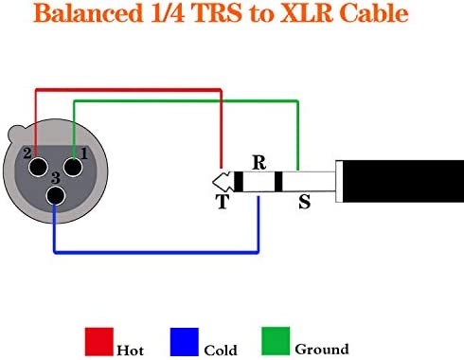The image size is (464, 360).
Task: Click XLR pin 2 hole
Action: tap(38, 167)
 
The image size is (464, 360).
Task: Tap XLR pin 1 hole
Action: tap(73, 167)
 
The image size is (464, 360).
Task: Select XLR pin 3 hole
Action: tap(56, 196)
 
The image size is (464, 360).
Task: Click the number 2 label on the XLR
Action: tap(27, 153)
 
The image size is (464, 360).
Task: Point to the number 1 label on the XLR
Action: tap(84, 153)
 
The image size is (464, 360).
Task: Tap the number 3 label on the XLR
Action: tap(56, 178)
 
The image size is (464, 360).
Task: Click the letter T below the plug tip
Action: tap(223, 202)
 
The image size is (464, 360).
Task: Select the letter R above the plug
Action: tap(259, 163)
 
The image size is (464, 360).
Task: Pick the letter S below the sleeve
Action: tap(304, 202)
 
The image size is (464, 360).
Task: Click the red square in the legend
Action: tap(99, 342)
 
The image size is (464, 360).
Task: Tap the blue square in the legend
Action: tap(185, 342)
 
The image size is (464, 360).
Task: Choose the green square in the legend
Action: tap(276, 341)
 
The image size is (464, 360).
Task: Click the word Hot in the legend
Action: tap(130, 351)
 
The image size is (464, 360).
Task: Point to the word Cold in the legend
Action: tap(221, 351)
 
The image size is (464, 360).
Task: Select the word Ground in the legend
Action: tap(322, 350)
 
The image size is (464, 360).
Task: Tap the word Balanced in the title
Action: tap(88, 13)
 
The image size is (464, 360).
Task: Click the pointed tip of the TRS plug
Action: tap(213, 182)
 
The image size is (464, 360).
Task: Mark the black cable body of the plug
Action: tap(403, 181)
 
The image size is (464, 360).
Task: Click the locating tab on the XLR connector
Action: tap(16, 133)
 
